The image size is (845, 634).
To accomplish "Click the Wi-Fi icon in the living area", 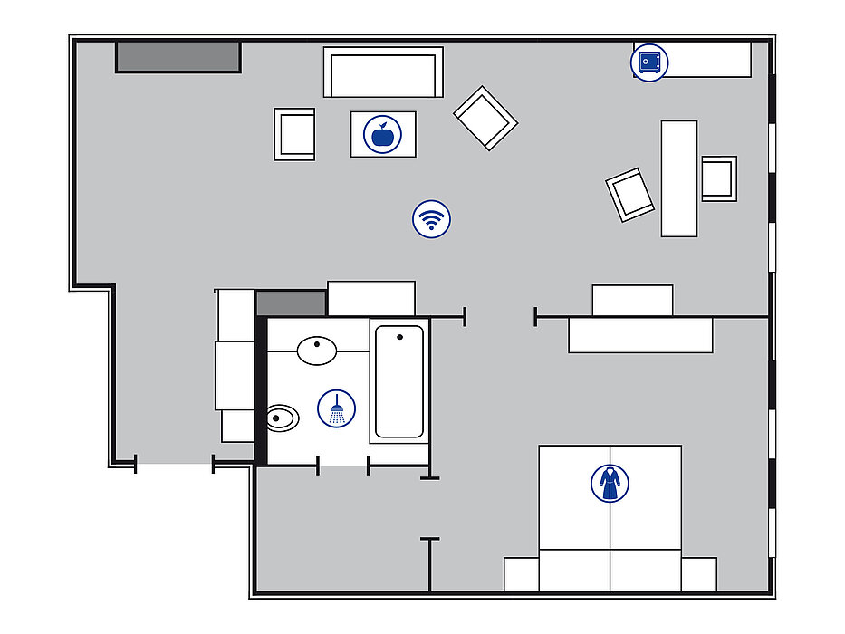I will [432, 219].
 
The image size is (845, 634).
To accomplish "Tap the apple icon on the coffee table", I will [383, 134].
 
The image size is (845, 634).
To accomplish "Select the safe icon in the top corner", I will [648, 62].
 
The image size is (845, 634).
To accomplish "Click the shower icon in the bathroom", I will [337, 409].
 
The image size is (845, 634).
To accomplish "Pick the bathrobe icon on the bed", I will [610, 483].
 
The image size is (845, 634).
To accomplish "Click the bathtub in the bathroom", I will [399, 381].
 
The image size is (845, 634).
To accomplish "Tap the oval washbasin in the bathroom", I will [317, 350].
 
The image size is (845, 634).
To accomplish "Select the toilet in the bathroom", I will [283, 418].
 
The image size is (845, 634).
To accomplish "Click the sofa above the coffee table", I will [383, 72].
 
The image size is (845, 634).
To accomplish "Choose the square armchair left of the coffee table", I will [294, 134].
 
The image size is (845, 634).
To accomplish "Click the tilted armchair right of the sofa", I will [485, 118].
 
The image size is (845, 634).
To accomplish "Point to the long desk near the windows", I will [679, 178].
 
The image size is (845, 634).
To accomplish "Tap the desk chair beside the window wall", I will [719, 178].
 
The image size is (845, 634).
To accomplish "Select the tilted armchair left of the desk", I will [630, 194].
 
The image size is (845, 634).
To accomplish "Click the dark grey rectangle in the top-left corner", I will [178, 56].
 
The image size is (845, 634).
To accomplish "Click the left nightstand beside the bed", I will [522, 574].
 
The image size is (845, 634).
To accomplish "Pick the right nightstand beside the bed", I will [699, 574].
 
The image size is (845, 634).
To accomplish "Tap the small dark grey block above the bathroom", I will [291, 303].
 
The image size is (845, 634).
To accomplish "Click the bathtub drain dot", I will [399, 338].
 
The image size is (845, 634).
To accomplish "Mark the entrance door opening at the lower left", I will [174, 465].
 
